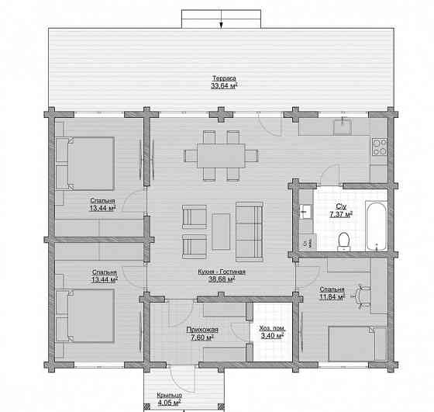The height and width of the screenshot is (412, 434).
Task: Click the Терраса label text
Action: tap(224, 78)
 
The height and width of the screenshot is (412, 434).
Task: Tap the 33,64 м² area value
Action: tap(224, 85)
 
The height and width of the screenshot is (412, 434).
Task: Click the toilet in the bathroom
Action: tap(344, 241)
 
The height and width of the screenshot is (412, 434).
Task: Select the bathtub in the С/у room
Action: tap(376, 226)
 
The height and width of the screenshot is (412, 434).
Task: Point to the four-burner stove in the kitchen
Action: tap(380, 147)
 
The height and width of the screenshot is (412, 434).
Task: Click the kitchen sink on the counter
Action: tap(343, 126)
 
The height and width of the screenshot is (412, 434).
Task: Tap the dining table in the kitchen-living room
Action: tap(221, 155)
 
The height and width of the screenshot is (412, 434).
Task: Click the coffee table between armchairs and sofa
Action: tap(221, 231)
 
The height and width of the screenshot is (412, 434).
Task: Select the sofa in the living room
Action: tap(249, 232)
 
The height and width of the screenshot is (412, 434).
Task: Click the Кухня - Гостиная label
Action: tap(222, 272)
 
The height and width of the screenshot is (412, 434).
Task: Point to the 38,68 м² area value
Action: tap(222, 279)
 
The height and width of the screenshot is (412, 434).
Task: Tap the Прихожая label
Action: tap(202, 330)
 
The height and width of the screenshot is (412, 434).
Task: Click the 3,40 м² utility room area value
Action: tap(273, 336)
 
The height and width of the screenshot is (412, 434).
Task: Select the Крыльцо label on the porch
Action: tap(170, 395)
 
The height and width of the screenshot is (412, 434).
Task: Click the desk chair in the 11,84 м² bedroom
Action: tap(361, 296)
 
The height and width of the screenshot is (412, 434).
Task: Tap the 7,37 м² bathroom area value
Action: tap(341, 214)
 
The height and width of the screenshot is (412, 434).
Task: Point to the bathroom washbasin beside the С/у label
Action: tap(305, 211)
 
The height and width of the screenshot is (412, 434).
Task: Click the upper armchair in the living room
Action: tap(195, 217)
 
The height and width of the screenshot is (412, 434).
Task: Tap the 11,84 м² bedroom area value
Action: tap(332, 297)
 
